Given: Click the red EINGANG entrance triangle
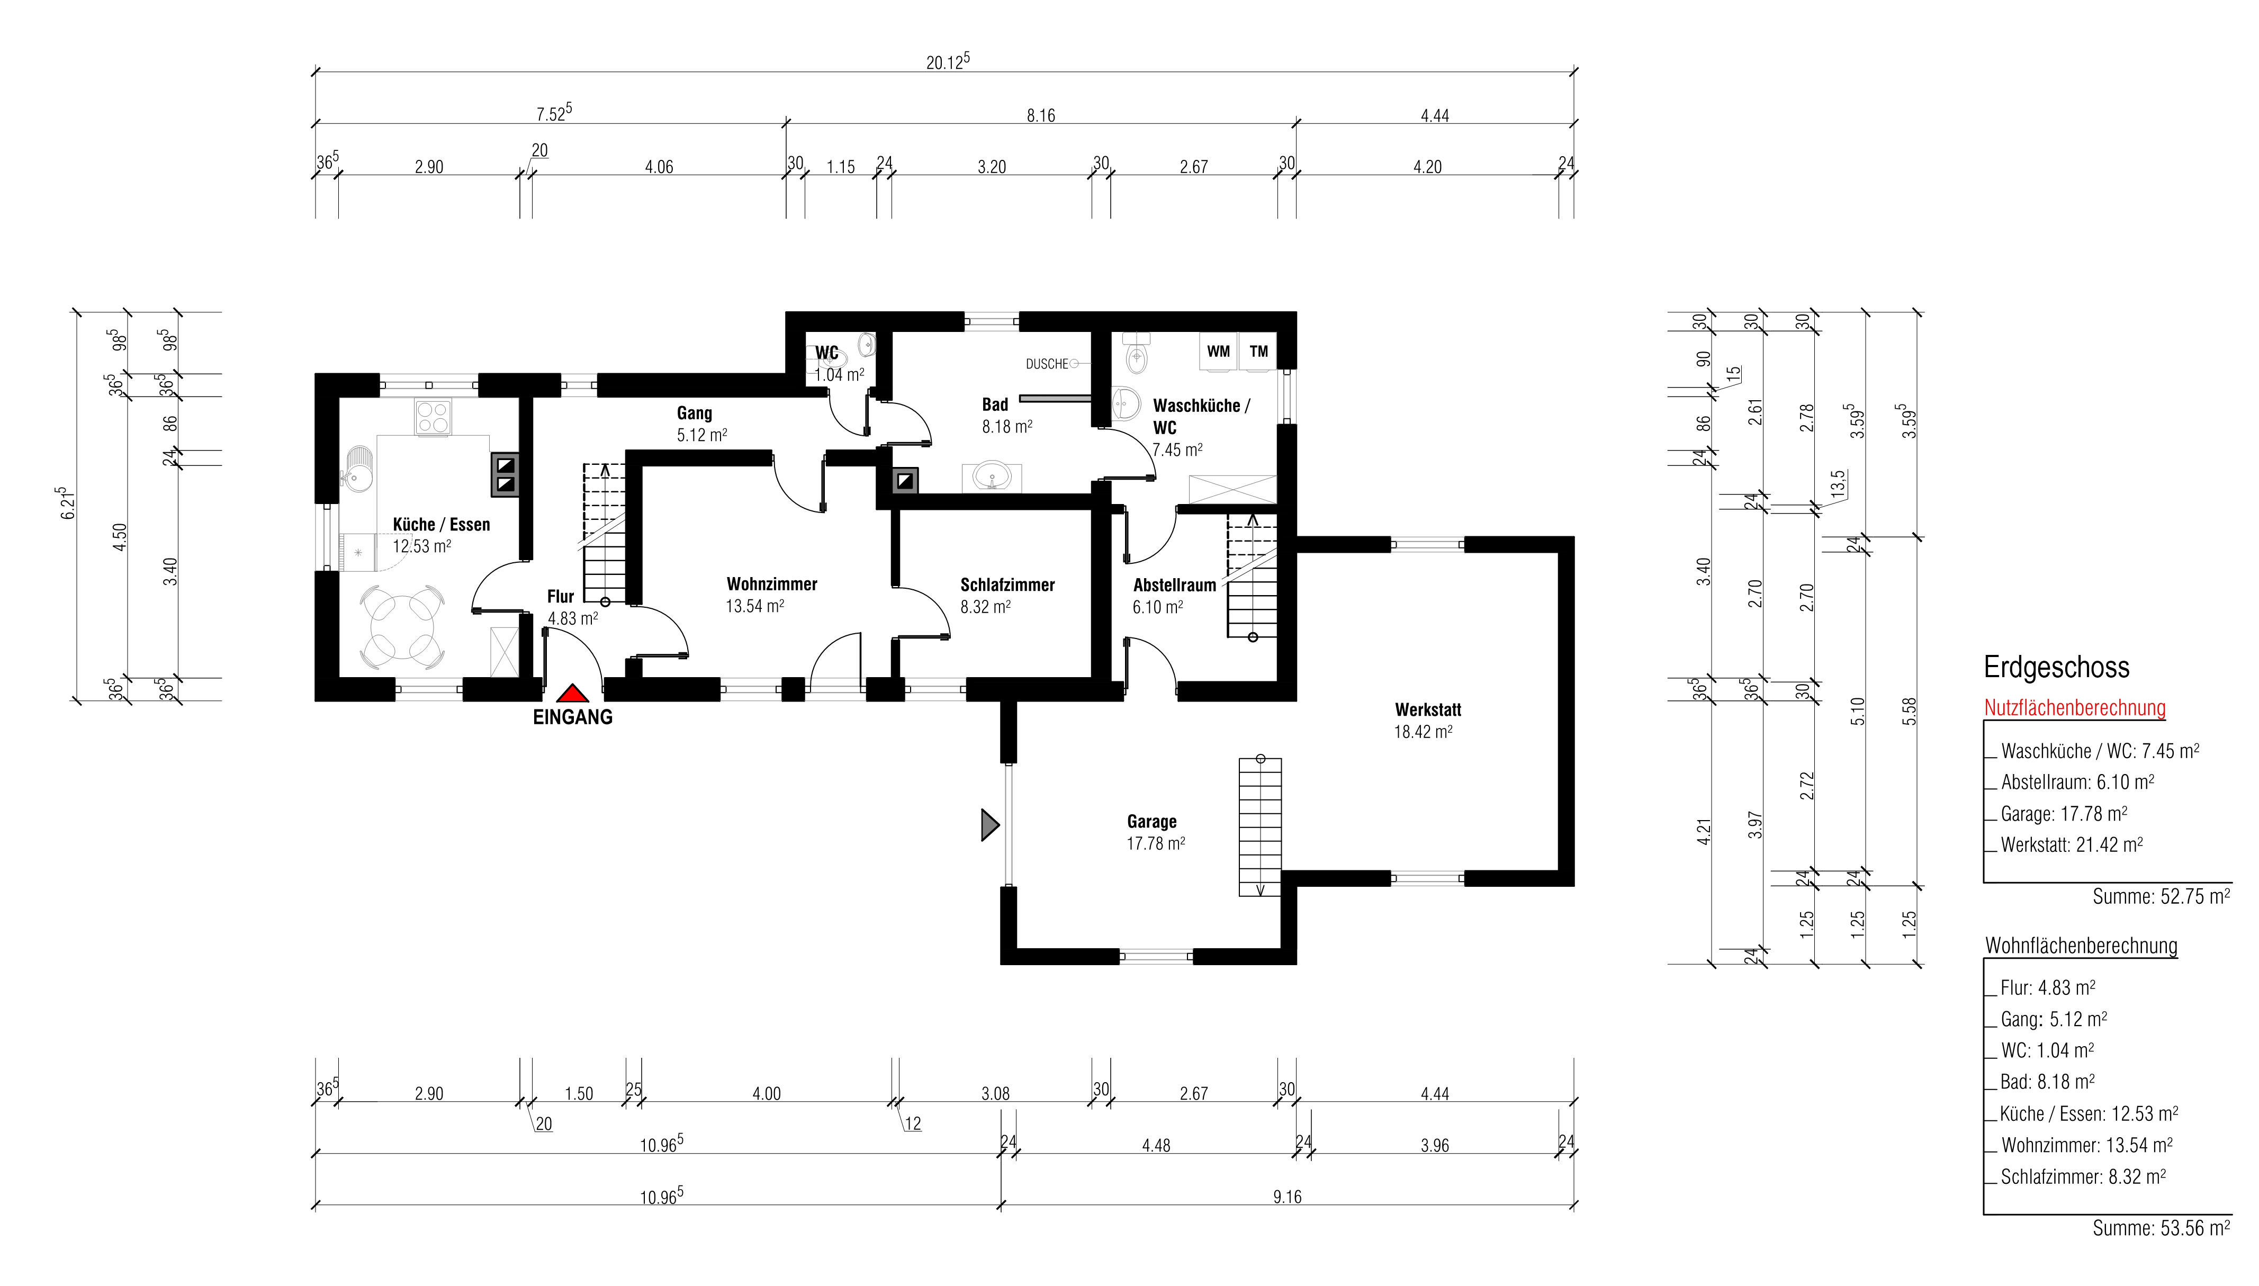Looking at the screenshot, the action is [572, 694].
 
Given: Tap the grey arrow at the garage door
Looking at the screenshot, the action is [990, 825].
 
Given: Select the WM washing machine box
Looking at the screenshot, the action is [1219, 352].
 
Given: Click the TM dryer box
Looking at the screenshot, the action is [1258, 352].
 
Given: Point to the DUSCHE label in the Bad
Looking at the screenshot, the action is [1047, 364].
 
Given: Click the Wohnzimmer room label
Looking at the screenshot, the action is [772, 584].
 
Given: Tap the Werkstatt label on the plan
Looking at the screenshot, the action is [1428, 709].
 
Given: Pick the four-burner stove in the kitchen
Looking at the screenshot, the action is [433, 417].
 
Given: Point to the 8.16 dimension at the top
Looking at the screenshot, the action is [1040, 116].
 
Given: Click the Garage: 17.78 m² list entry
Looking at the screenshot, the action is [2064, 813].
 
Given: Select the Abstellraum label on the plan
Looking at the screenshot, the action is [1175, 584].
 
